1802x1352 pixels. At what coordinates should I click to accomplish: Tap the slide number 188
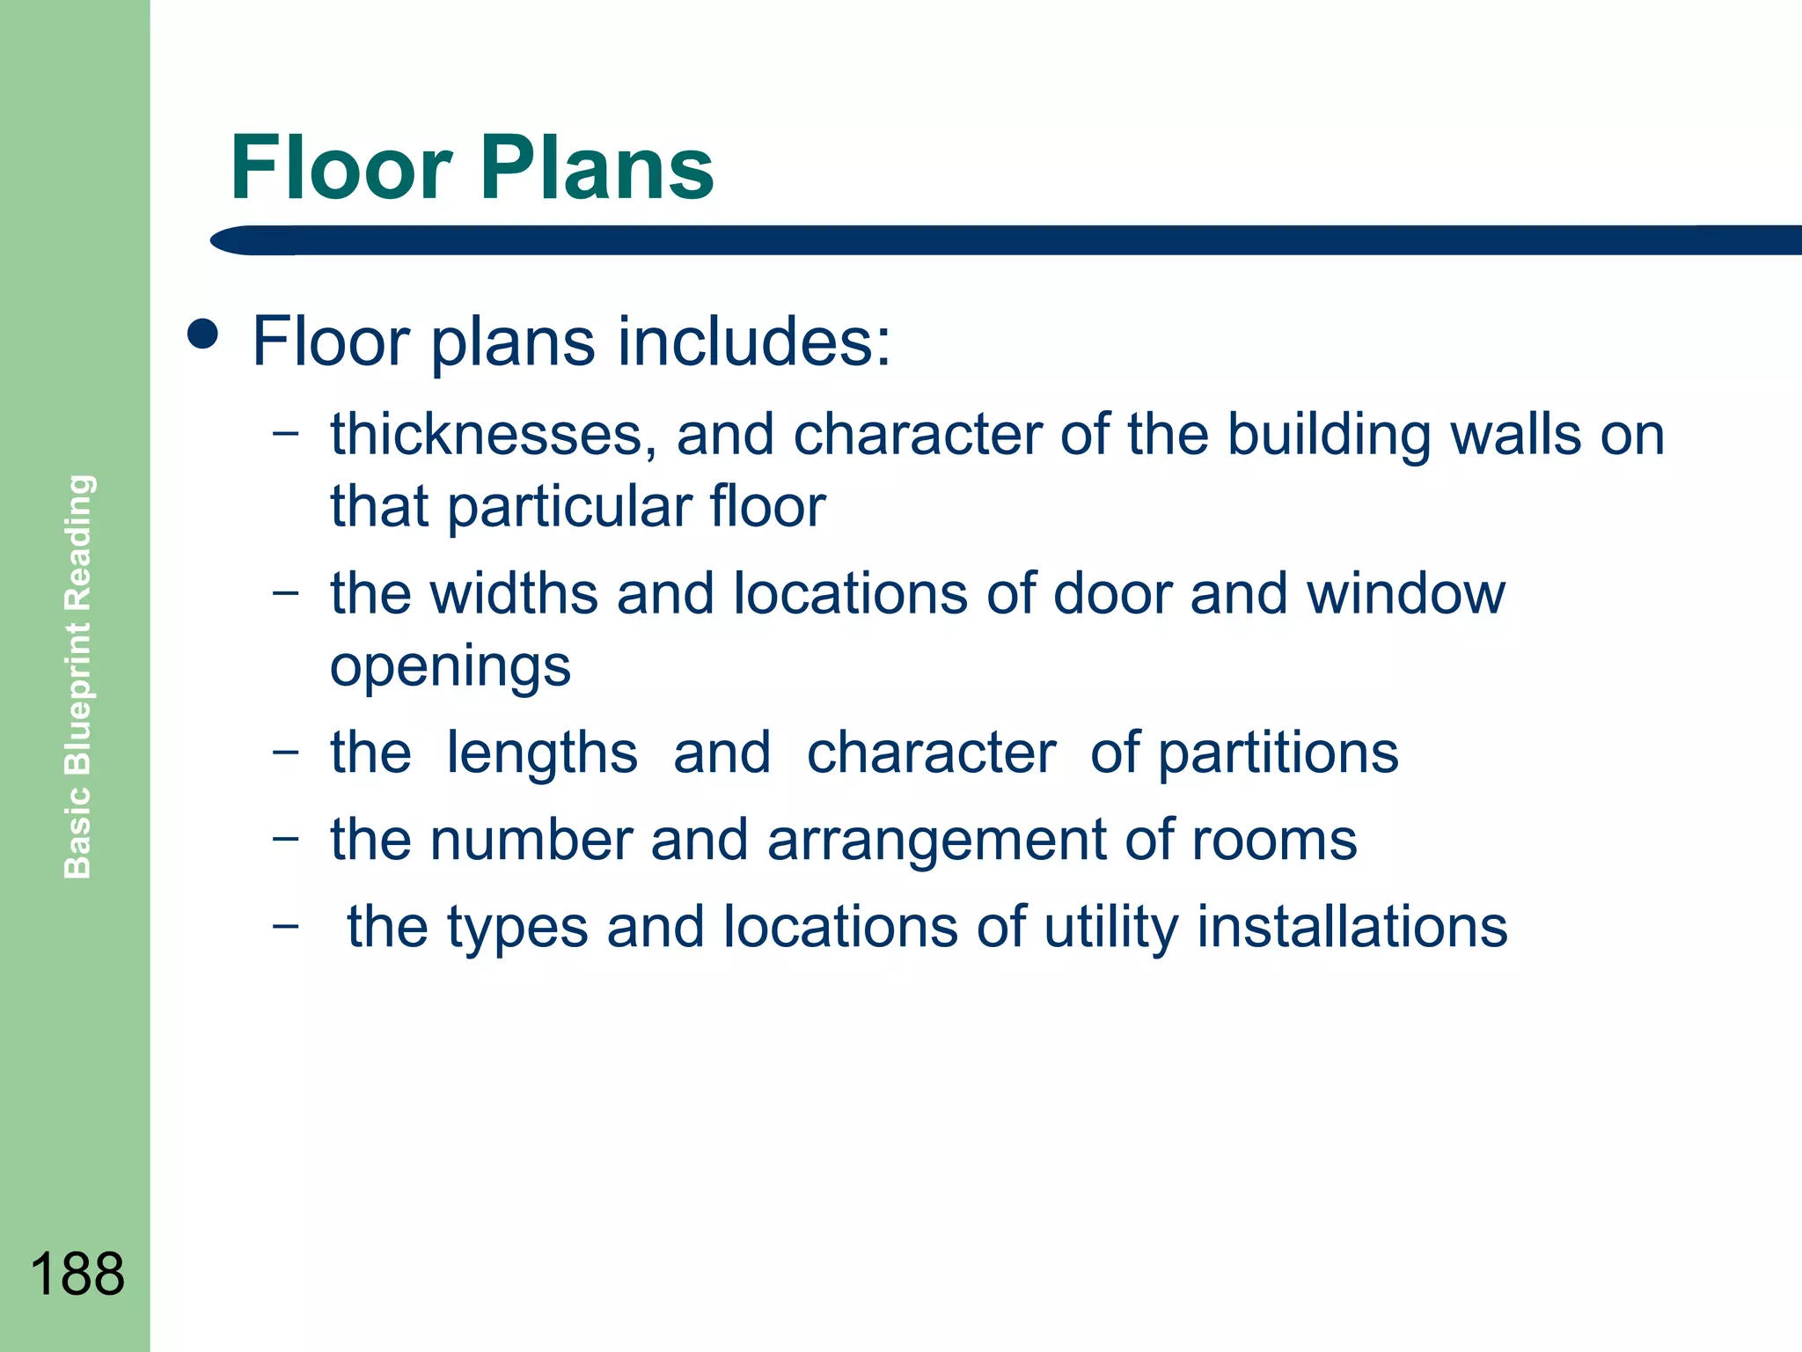tap(77, 1274)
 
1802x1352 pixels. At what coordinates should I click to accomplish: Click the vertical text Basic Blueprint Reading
tap(78, 676)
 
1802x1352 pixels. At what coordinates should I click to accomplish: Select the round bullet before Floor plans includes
tap(203, 334)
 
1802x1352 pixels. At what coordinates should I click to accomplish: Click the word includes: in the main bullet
tap(754, 342)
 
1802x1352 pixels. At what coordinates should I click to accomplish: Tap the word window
tap(1405, 593)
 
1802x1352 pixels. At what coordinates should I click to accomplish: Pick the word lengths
tap(541, 753)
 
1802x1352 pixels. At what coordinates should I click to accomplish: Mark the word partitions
tap(1278, 753)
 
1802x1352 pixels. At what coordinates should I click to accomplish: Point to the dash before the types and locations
tap(285, 925)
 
